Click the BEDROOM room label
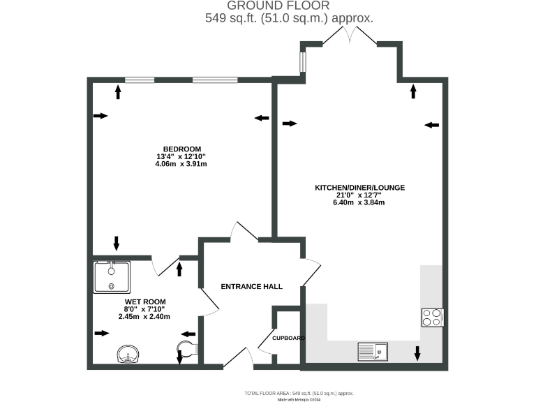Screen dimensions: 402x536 click(x=182, y=149)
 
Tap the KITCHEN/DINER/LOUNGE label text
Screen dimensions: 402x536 click(x=359, y=188)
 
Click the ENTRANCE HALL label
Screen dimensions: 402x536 click(x=251, y=287)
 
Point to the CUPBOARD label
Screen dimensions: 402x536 click(x=288, y=338)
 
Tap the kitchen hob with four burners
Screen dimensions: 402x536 click(x=432, y=318)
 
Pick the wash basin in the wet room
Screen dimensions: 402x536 click(x=128, y=354)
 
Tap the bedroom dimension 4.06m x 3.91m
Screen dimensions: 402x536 click(x=181, y=165)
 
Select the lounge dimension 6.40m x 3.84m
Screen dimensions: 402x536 click(x=359, y=203)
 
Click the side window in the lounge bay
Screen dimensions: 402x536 click(x=302, y=62)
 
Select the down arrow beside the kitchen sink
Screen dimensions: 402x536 click(x=417, y=353)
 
